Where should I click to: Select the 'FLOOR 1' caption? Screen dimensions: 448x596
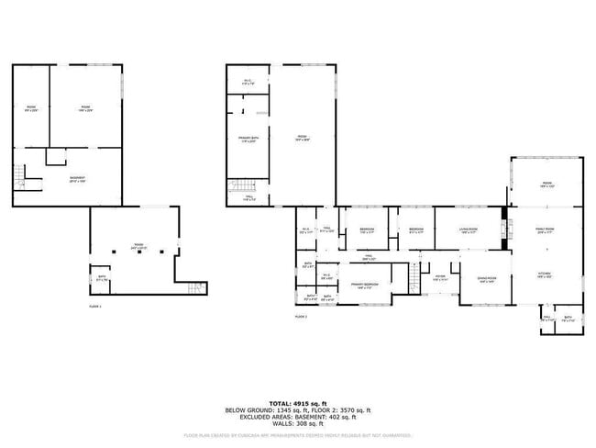95,305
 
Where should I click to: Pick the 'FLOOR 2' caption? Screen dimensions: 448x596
300,316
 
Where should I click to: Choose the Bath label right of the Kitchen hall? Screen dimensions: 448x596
568,319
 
